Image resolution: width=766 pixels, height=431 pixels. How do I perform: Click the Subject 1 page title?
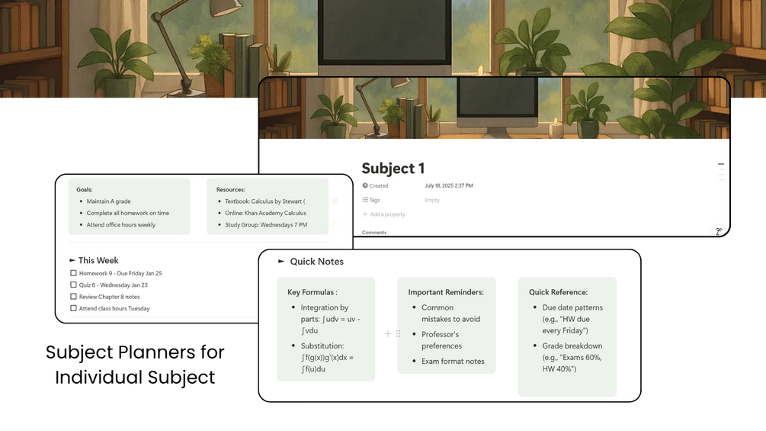coord(393,169)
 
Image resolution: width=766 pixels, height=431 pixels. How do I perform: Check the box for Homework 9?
coord(73,273)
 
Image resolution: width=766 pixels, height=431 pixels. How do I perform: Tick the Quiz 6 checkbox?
coord(73,285)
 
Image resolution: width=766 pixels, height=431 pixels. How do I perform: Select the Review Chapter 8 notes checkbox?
coord(73,297)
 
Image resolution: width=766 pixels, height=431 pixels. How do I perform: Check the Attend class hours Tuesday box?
coord(73,308)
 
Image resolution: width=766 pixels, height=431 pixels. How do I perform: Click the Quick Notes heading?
coord(316,262)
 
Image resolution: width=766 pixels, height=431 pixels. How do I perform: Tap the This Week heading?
coord(98,260)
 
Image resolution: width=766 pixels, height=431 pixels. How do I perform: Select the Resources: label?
coord(230,190)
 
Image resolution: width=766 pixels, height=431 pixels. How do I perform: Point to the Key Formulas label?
coord(312,292)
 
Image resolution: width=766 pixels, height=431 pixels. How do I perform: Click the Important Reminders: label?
coord(446,292)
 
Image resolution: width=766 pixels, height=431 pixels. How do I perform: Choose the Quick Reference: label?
coord(558,292)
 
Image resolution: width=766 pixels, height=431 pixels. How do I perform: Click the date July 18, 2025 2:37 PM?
coord(448,185)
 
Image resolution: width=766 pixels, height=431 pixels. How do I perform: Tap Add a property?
coord(387,214)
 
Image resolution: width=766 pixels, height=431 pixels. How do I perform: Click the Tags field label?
coord(374,200)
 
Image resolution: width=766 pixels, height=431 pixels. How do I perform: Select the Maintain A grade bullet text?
coord(108,201)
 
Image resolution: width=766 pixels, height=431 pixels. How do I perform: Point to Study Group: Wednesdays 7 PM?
coord(266,225)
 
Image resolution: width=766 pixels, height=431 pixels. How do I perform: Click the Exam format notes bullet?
coord(453,362)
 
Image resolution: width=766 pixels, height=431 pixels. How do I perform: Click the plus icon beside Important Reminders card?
coord(388,334)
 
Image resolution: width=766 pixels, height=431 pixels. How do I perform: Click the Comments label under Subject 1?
coord(373,233)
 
